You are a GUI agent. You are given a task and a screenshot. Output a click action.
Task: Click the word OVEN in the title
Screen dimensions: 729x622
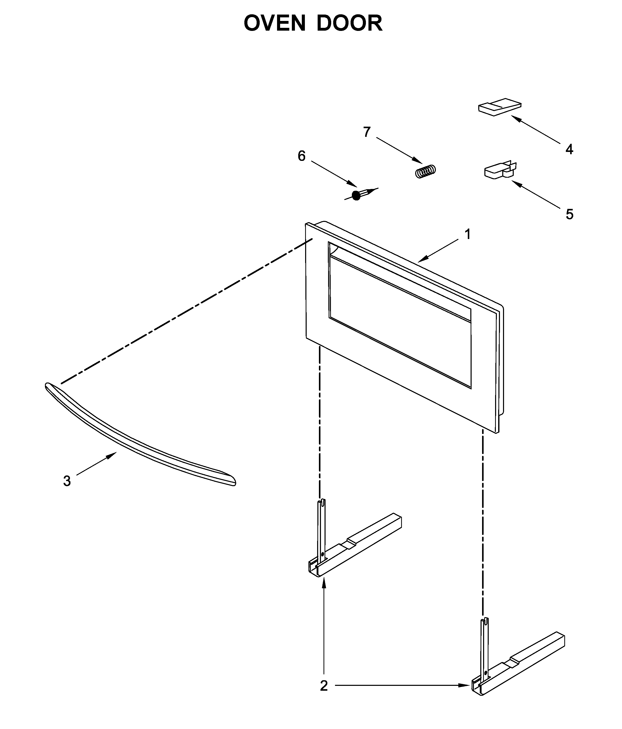point(274,23)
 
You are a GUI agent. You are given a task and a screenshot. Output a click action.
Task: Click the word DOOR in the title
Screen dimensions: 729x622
point(349,23)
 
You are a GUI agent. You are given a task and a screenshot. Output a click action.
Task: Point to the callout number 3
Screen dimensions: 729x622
point(67,481)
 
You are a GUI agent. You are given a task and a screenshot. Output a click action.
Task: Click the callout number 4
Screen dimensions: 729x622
point(569,150)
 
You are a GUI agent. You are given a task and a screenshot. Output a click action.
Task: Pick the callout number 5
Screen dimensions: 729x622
point(569,214)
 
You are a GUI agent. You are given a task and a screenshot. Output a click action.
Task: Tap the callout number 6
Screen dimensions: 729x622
point(302,156)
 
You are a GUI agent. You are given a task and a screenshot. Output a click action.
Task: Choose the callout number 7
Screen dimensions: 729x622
point(367,132)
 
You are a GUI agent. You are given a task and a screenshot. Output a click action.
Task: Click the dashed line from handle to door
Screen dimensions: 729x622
point(186,311)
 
